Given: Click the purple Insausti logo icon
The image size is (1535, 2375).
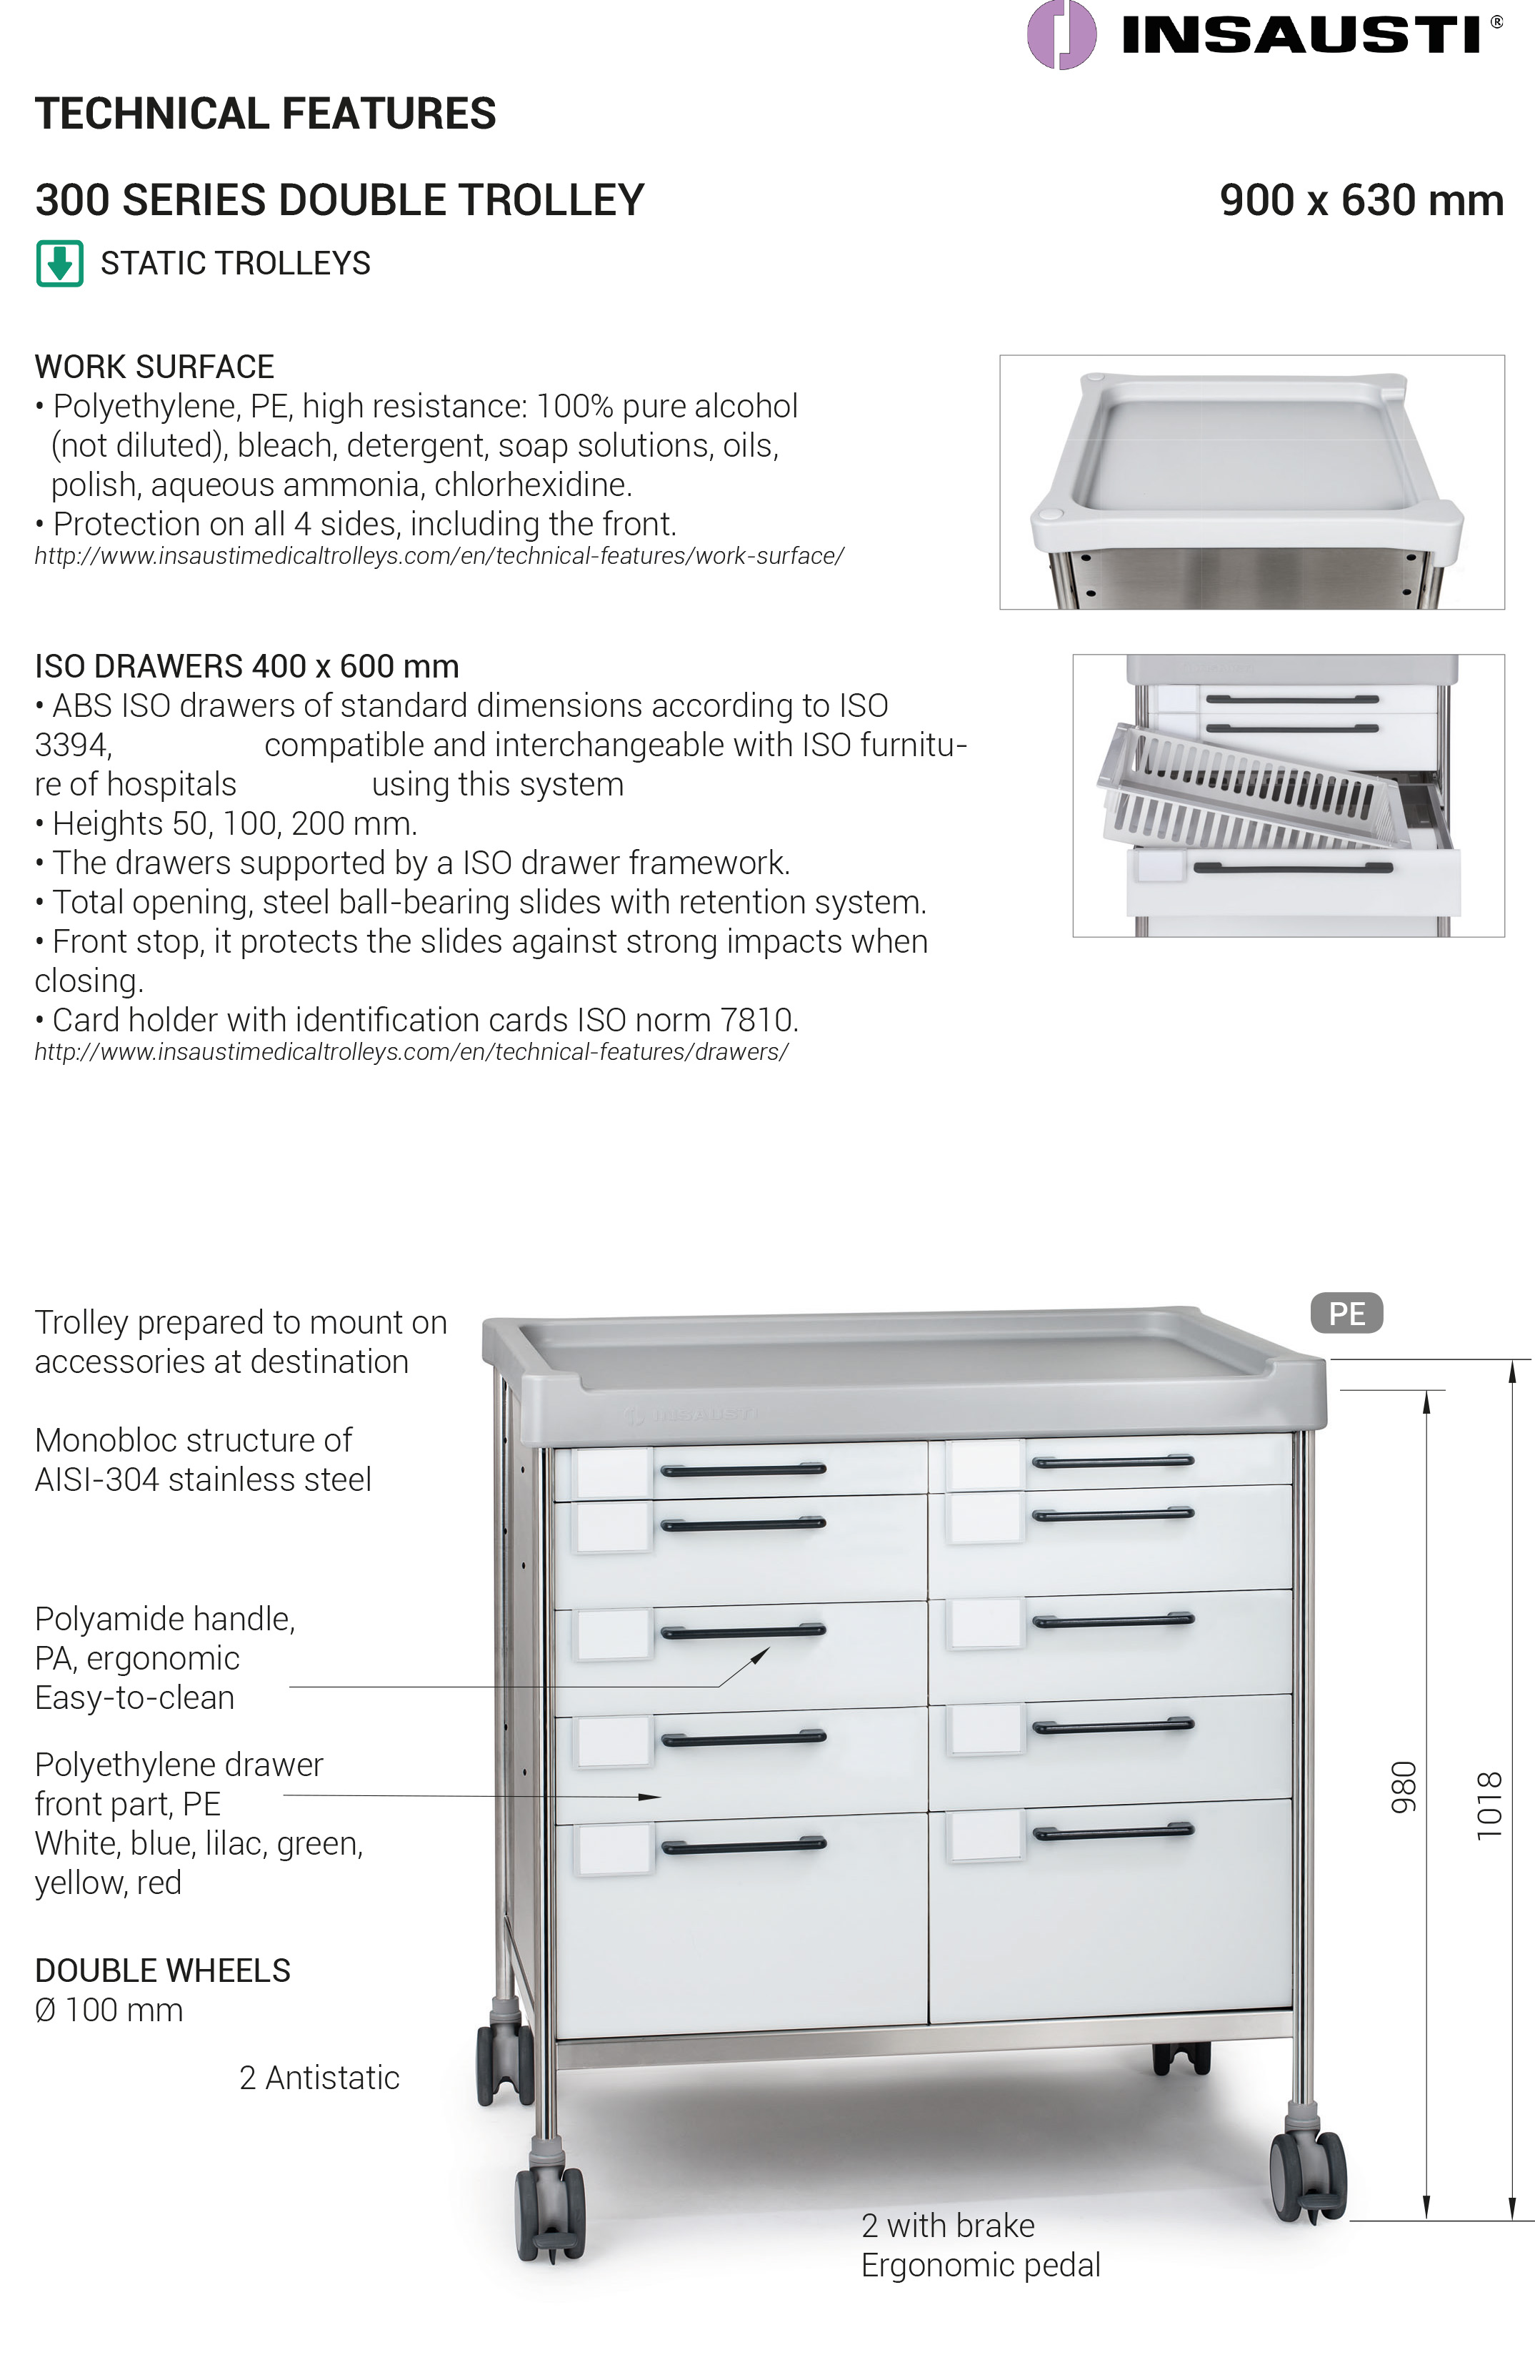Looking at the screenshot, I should [1061, 35].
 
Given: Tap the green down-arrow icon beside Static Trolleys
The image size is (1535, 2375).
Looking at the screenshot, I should [60, 263].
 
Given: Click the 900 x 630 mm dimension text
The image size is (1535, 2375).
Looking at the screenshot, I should [1361, 200].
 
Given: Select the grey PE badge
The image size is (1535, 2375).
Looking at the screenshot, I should [1346, 1313].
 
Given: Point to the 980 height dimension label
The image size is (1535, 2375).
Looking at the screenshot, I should [1404, 1787].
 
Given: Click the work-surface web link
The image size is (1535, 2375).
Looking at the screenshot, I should [439, 556].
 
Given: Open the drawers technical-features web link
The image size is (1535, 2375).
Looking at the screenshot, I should [411, 1052].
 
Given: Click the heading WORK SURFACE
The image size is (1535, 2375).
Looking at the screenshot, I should [154, 367].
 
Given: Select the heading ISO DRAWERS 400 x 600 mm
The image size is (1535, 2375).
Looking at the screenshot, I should [246, 666].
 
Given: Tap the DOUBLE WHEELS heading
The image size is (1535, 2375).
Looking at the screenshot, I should [162, 1970].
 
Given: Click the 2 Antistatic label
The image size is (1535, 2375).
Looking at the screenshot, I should [319, 2078].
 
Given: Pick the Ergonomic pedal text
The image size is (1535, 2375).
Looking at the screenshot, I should [980, 2266].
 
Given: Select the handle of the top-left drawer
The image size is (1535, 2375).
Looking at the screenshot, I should [743, 1469].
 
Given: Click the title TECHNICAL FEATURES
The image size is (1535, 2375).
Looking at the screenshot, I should [265, 114].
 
